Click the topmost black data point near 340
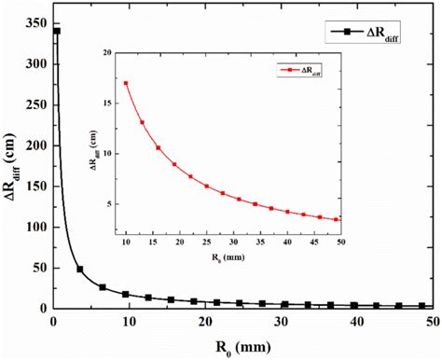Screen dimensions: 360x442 [x=56, y=31]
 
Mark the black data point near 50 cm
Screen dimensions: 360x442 [x=80, y=270]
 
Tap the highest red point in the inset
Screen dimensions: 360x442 [x=126, y=84]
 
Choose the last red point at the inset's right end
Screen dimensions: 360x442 [x=337, y=220]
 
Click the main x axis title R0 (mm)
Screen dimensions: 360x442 [x=246, y=346]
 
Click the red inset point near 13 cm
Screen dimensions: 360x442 [x=143, y=122]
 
